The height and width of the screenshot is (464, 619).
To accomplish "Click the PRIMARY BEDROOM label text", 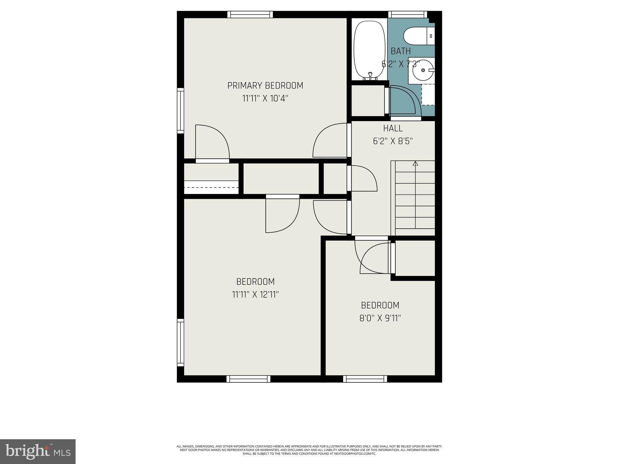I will pos(265,86).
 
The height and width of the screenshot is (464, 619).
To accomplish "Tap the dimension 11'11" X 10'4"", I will pos(265,99).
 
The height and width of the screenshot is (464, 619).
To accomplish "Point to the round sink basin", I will pos(422,70).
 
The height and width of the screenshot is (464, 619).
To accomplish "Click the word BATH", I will pos(400,51).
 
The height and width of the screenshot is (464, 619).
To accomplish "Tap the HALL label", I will pos(393,128).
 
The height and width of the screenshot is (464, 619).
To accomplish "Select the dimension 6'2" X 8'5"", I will pos(393,141).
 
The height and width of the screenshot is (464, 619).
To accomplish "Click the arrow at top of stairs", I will pos(415,163).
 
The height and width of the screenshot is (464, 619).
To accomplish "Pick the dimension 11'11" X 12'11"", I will pos(255,295).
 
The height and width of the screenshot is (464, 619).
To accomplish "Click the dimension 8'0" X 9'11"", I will pos(380,318).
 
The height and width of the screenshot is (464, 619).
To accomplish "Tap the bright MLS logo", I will pos(38,451).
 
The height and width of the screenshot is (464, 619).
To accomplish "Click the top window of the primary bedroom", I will pos(250,14).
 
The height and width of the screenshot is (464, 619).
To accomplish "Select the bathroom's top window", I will pos(407,14).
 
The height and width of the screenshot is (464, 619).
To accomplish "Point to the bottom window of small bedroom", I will pos(365,379).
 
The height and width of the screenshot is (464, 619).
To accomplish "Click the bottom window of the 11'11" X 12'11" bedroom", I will pos(248,379).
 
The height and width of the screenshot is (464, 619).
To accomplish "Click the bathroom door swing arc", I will pos(405,100).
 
